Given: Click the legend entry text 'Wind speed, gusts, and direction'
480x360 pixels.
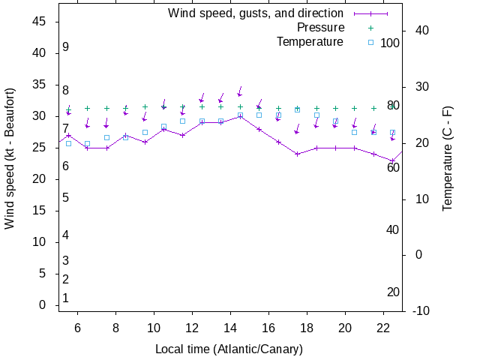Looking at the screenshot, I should (x=256, y=13).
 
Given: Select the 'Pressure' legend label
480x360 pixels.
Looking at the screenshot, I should (x=320, y=27).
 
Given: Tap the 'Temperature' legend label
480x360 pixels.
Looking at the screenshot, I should (x=310, y=41).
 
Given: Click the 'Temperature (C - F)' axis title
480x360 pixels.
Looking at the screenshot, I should (x=448, y=159).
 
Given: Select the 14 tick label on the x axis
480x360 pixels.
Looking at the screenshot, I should (x=231, y=328).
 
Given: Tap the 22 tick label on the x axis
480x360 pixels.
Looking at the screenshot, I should (x=383, y=328).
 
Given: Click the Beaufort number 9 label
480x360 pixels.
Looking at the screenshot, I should (x=66, y=47).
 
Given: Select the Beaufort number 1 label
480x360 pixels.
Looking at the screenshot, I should (x=66, y=298).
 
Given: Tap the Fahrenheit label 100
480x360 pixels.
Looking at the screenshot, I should (x=390, y=43).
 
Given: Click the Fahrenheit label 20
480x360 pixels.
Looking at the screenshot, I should (x=393, y=292).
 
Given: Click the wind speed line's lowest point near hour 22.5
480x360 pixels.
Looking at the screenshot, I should (x=392, y=160).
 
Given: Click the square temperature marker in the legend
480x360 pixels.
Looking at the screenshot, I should (x=370, y=42).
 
